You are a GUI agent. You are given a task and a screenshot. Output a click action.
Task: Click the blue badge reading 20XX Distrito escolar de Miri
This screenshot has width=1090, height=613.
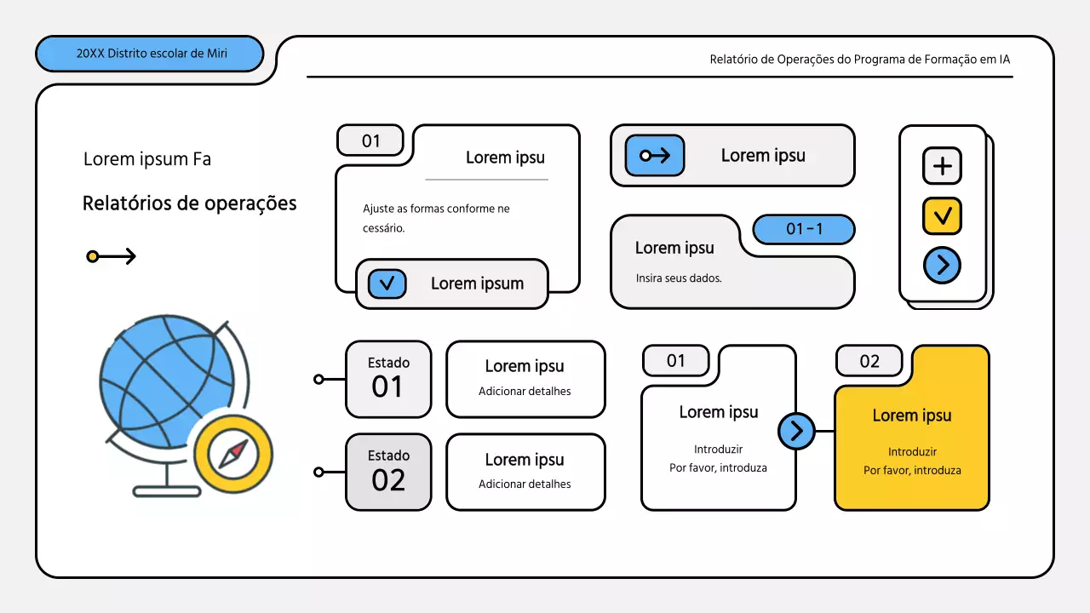(x=149, y=54)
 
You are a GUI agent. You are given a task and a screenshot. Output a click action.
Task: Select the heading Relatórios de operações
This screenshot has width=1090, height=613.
(x=189, y=203)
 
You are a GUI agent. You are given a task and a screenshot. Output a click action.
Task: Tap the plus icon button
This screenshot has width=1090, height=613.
(x=942, y=166)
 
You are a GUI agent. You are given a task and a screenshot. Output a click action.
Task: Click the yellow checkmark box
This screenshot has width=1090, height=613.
(x=942, y=215)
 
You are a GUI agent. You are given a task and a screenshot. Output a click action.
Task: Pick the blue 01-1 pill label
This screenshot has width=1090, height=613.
(x=804, y=229)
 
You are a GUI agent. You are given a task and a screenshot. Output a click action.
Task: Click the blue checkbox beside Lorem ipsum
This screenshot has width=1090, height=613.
(x=387, y=284)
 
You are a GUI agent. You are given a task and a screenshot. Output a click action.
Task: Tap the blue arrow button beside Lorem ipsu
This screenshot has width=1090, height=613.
(x=655, y=156)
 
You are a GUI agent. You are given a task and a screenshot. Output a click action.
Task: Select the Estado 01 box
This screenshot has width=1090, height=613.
(x=388, y=380)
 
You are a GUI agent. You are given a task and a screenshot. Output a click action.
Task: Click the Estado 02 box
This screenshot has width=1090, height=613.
(x=388, y=472)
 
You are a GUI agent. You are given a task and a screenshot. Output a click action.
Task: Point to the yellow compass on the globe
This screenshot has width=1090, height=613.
(x=233, y=454)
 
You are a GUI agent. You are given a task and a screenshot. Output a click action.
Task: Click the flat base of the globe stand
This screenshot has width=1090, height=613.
(x=167, y=492)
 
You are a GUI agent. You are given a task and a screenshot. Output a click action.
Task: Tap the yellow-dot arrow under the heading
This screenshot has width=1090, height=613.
(x=111, y=256)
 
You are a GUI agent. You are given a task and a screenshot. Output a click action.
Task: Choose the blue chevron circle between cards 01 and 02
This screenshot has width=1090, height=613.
(x=796, y=431)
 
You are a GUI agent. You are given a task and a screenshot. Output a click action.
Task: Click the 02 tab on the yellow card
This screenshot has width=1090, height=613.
(x=869, y=361)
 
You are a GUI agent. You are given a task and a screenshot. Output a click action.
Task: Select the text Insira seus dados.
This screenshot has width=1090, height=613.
(x=679, y=278)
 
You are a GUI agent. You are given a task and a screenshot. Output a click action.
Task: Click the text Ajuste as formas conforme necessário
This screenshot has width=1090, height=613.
(x=436, y=219)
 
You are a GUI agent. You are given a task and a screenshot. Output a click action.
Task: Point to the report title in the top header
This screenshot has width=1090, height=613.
(x=860, y=60)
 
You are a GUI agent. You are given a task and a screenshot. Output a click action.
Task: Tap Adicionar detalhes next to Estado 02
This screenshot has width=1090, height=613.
(x=525, y=484)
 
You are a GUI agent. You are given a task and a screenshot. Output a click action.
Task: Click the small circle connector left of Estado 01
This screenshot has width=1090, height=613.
(x=318, y=379)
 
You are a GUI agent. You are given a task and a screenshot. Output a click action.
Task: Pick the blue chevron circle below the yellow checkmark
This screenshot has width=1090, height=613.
(x=942, y=265)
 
